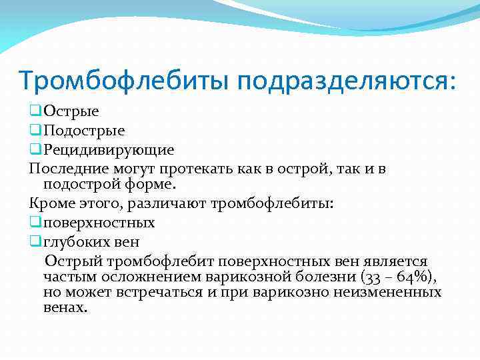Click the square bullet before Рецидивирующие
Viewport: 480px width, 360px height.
(x=35, y=150)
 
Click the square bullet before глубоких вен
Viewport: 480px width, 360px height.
(x=35, y=240)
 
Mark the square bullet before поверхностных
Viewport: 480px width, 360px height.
(x=35, y=222)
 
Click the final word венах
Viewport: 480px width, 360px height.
(x=65, y=307)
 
